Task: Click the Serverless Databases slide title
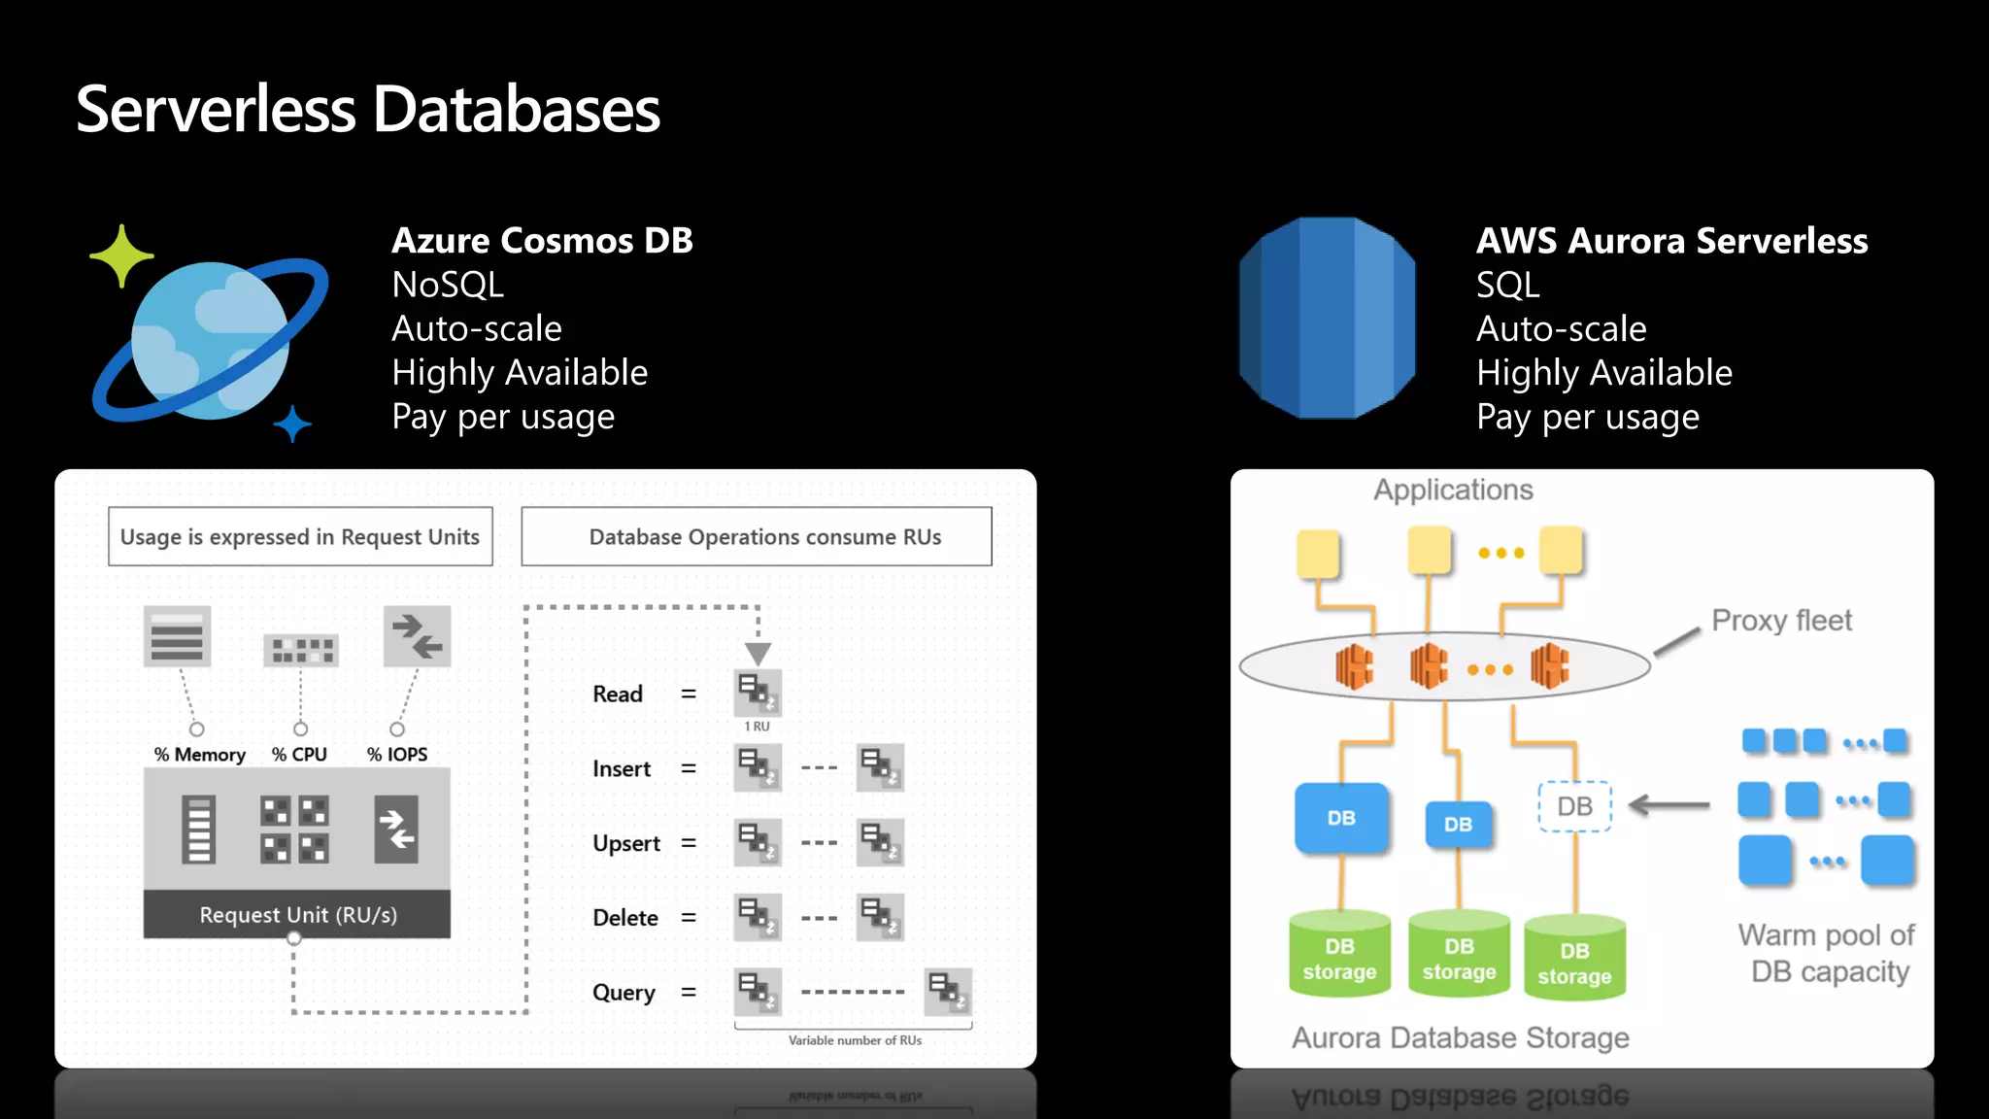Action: click(x=367, y=109)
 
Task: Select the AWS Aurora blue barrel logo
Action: click(x=1327, y=319)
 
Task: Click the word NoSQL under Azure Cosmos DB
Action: click(x=448, y=286)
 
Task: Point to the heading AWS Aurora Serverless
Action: click(x=1671, y=241)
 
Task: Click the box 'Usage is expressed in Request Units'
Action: click(x=300, y=537)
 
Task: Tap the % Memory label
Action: click(x=200, y=755)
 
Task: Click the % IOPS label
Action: click(x=397, y=755)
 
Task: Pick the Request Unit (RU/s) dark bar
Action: click(x=297, y=915)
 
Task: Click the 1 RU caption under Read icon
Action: click(x=757, y=727)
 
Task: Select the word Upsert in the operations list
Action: click(x=626, y=843)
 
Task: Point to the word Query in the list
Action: click(x=624, y=993)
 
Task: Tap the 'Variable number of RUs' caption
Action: click(x=855, y=1040)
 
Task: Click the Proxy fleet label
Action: click(x=1781, y=621)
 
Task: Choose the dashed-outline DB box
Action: click(x=1574, y=806)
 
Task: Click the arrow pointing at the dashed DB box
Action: click(x=1669, y=805)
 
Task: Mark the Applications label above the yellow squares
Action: click(x=1453, y=491)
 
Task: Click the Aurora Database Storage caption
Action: click(x=1460, y=1038)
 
